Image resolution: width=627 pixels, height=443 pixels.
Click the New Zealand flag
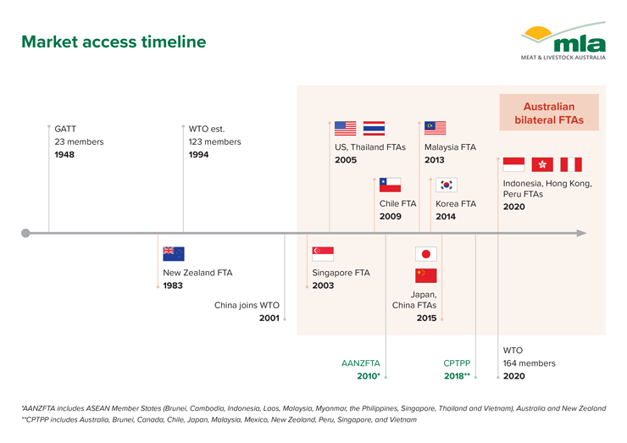click(x=174, y=254)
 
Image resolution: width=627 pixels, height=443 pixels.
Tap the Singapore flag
click(x=323, y=254)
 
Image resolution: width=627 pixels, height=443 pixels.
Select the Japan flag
click(x=426, y=254)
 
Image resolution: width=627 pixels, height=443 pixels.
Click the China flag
click(x=426, y=275)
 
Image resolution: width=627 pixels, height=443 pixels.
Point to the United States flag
click(x=345, y=129)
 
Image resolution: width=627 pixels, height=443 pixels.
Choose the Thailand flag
click(x=374, y=129)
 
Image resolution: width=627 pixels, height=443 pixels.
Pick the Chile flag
click(x=390, y=186)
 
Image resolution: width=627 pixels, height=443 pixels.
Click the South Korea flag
click(x=447, y=186)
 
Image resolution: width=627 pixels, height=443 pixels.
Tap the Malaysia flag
click(x=435, y=129)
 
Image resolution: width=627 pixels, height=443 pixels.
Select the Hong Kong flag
click(x=542, y=164)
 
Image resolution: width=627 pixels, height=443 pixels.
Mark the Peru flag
click(x=571, y=164)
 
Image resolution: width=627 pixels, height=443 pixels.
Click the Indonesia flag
click(x=513, y=164)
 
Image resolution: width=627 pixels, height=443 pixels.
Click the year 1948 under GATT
click(x=64, y=155)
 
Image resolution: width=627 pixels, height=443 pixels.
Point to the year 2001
click(x=269, y=318)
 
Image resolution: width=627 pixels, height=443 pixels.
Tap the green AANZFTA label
click(x=361, y=363)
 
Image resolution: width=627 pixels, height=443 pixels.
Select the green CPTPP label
click(x=457, y=363)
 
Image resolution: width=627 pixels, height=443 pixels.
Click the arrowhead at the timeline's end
click(x=582, y=233)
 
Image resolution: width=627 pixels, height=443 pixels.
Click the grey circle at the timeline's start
click(x=25, y=233)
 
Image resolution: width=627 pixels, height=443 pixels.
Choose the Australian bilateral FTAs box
click(x=549, y=113)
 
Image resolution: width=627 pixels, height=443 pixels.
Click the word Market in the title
click(x=50, y=42)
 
